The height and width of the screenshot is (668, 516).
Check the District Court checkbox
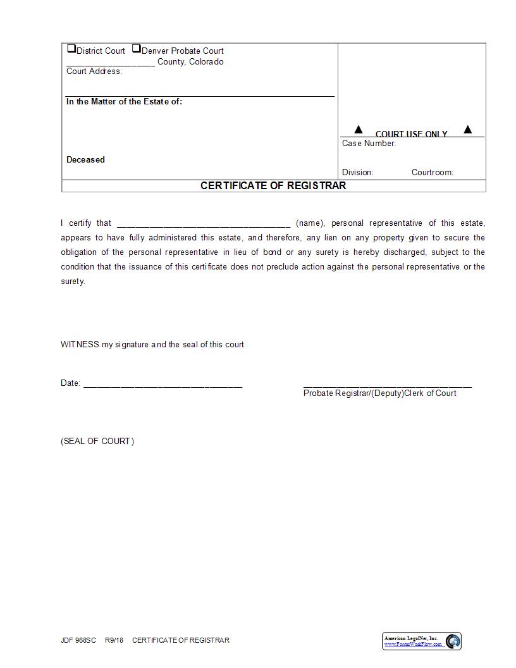click(x=71, y=49)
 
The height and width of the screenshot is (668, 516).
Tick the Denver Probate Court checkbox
click(x=136, y=49)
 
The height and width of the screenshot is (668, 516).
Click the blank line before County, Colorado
click(x=110, y=64)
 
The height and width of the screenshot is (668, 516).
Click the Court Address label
click(x=94, y=71)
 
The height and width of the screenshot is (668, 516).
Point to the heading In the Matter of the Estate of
click(x=124, y=101)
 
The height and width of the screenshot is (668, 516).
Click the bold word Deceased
click(x=85, y=159)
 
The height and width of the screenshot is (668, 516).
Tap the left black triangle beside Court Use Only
click(x=359, y=130)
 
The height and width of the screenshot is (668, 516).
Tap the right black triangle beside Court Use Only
click(x=468, y=130)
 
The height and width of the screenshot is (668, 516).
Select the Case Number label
click(x=369, y=144)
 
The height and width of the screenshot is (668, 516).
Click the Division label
click(x=357, y=172)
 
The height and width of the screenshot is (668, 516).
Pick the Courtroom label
click(x=432, y=172)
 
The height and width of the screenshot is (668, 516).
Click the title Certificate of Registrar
click(x=273, y=185)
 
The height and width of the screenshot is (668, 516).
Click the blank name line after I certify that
click(x=204, y=224)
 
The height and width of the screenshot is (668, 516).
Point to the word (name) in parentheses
click(x=310, y=223)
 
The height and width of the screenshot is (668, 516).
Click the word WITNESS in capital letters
click(x=80, y=345)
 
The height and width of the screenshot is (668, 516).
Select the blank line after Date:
click(x=163, y=385)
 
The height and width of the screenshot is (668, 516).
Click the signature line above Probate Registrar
click(x=387, y=385)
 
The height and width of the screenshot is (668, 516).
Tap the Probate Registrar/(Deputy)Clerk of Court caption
click(x=379, y=393)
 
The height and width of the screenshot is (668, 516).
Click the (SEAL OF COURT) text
click(x=97, y=441)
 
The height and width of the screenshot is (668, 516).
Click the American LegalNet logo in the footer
click(x=422, y=641)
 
